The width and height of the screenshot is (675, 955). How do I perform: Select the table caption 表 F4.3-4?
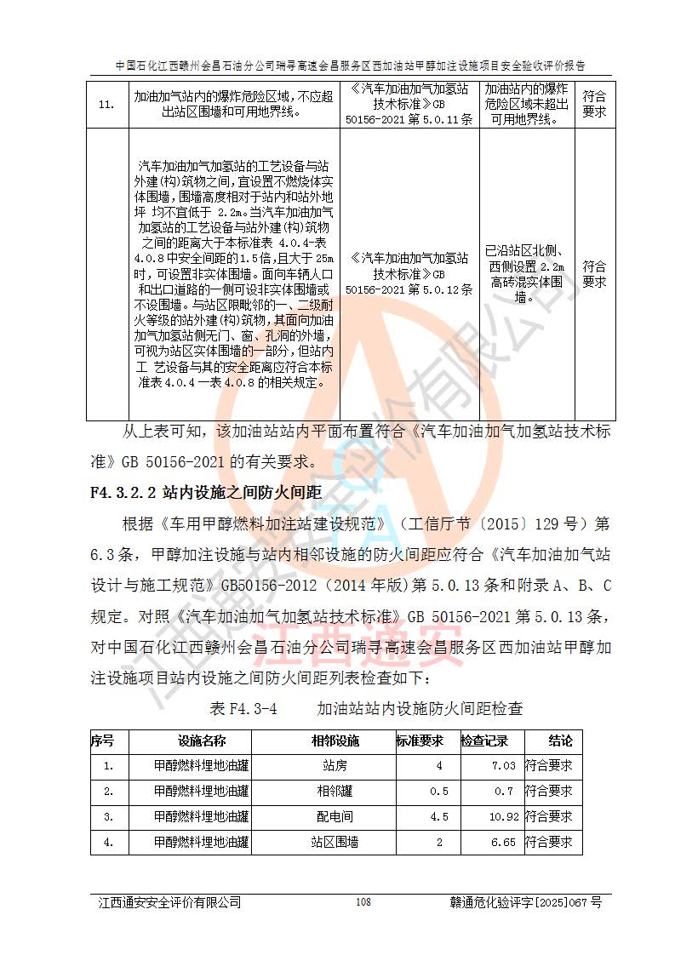pyautogui.click(x=243, y=708)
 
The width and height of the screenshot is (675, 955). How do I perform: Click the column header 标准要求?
pyautogui.click(x=420, y=741)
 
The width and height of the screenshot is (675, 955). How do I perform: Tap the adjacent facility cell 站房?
pyautogui.click(x=335, y=766)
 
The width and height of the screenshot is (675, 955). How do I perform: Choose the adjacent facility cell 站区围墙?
pyautogui.click(x=335, y=843)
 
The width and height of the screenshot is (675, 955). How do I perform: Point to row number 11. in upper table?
pyautogui.click(x=106, y=105)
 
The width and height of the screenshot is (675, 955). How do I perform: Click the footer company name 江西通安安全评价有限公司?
pyautogui.click(x=169, y=902)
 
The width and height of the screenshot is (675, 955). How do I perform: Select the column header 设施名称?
pyautogui.click(x=202, y=741)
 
